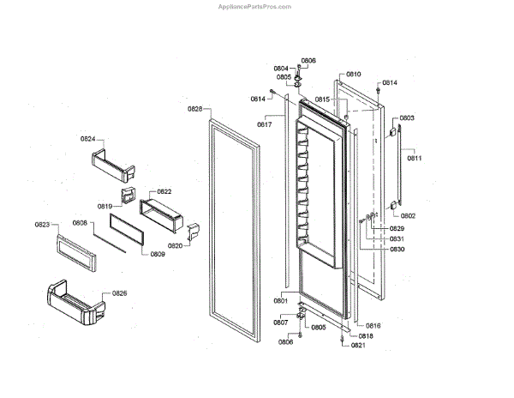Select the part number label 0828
pos(194,109)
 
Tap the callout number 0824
pos(88,138)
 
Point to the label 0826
pos(119,294)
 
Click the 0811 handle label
pos(415,158)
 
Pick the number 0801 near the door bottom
pos(280,301)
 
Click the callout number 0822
pos(164,191)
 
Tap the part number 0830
pos(373,249)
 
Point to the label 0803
pos(407,118)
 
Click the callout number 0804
pos(281,69)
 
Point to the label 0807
pos(280,323)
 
